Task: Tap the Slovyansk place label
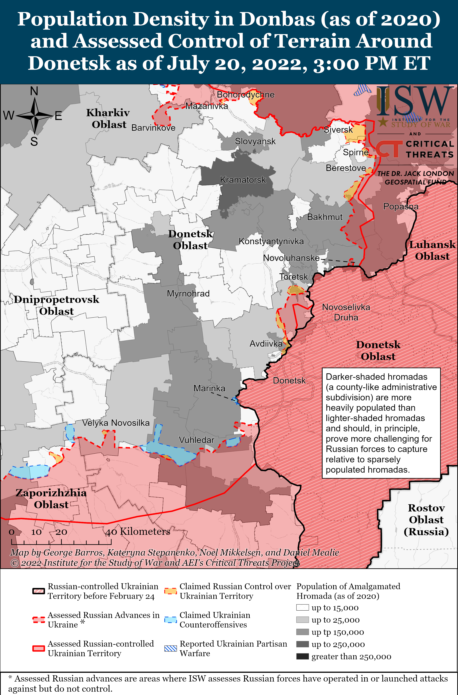click(255, 141)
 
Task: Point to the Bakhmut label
click(325, 217)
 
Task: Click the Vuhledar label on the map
click(196, 440)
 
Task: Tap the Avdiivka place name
click(266, 344)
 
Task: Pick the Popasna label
click(401, 207)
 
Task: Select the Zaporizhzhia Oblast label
click(51, 499)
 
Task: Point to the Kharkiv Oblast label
click(108, 119)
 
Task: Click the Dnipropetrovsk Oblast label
click(56, 305)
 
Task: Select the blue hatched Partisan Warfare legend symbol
click(171, 648)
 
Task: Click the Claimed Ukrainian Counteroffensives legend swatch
click(171, 620)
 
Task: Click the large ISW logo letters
click(413, 101)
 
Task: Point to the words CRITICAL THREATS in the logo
click(429, 149)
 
